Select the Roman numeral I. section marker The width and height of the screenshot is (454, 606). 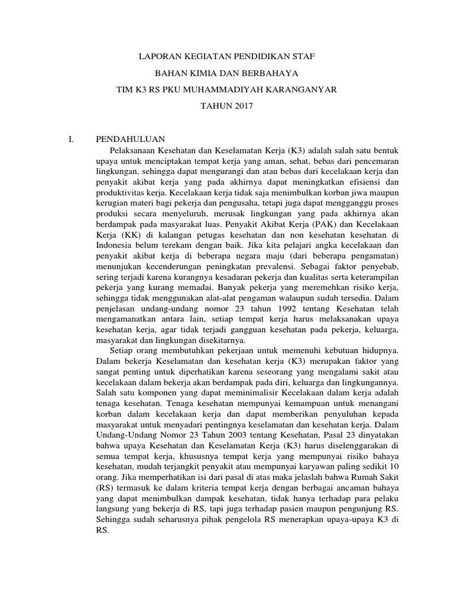72,140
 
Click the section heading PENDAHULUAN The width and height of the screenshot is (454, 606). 126,140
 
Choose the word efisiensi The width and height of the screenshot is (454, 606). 364,182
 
